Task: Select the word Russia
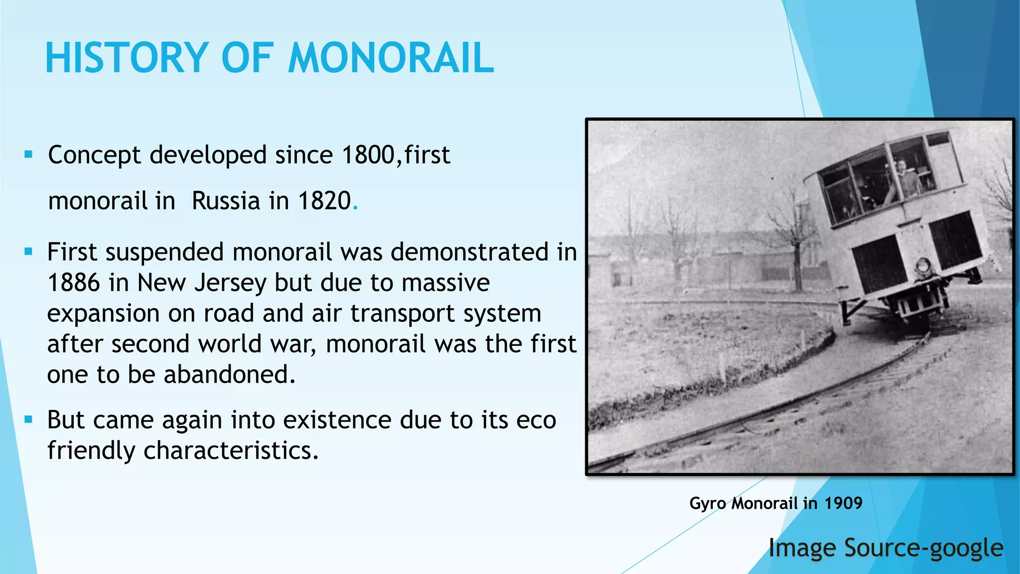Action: pos(226,201)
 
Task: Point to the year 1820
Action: pos(324,201)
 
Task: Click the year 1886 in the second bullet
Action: pos(74,283)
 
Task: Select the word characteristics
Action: pos(231,450)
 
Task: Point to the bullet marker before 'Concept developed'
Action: pos(28,154)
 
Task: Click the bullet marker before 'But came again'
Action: pos(28,420)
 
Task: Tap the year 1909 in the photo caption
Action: pos(843,503)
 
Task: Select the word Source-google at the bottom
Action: pos(924,548)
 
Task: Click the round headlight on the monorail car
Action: pos(922,265)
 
